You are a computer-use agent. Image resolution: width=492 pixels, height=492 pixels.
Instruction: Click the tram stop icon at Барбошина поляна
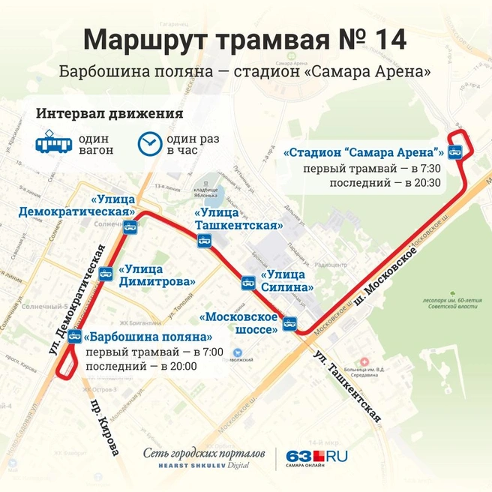tap(74, 335)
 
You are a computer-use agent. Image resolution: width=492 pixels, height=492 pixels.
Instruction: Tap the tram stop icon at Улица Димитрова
tap(106, 274)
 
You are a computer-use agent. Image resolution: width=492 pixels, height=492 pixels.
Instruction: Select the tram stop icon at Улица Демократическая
tap(129, 226)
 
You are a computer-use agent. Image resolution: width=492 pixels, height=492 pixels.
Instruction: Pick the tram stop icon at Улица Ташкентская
tap(203, 241)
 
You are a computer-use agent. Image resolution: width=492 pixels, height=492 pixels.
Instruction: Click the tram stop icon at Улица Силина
tap(248, 282)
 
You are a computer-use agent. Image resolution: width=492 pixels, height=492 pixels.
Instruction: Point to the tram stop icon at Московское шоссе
tap(289, 323)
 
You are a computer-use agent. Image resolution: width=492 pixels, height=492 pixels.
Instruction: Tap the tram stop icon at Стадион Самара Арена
tap(454, 153)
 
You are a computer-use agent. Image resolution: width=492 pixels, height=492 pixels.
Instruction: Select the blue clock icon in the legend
tap(149, 142)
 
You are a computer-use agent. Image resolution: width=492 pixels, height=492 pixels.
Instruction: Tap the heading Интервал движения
tap(109, 114)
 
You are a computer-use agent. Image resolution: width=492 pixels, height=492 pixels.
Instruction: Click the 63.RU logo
tap(316, 457)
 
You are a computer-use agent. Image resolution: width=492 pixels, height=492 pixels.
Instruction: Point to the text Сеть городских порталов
tap(204, 453)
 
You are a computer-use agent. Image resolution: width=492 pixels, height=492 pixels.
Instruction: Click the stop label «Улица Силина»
tap(286, 280)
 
